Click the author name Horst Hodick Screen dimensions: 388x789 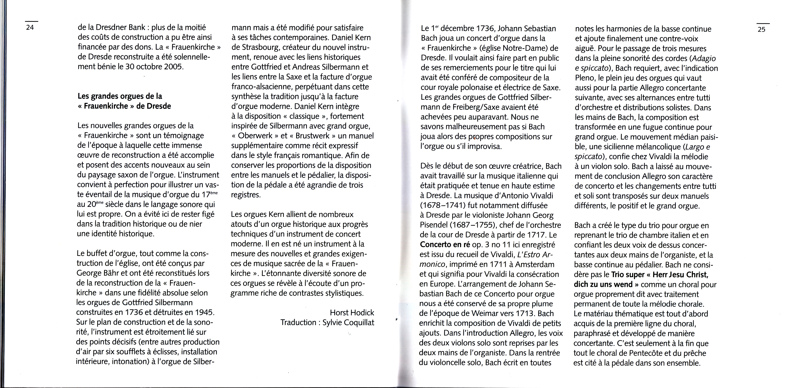click(352, 313)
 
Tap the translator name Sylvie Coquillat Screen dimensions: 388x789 click(348, 322)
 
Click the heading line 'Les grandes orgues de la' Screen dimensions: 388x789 click(120, 96)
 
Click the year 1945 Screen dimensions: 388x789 click(202, 312)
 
